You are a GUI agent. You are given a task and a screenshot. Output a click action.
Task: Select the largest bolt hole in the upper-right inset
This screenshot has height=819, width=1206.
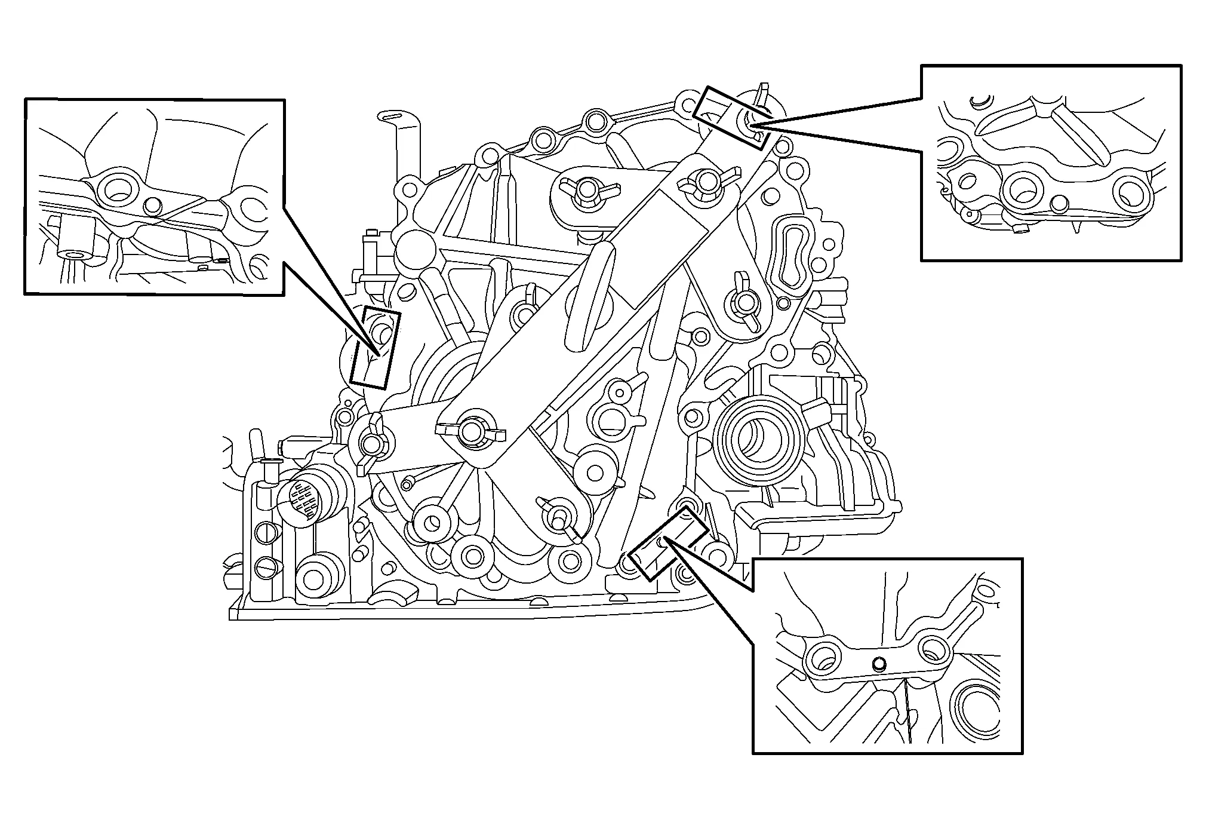1025,191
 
